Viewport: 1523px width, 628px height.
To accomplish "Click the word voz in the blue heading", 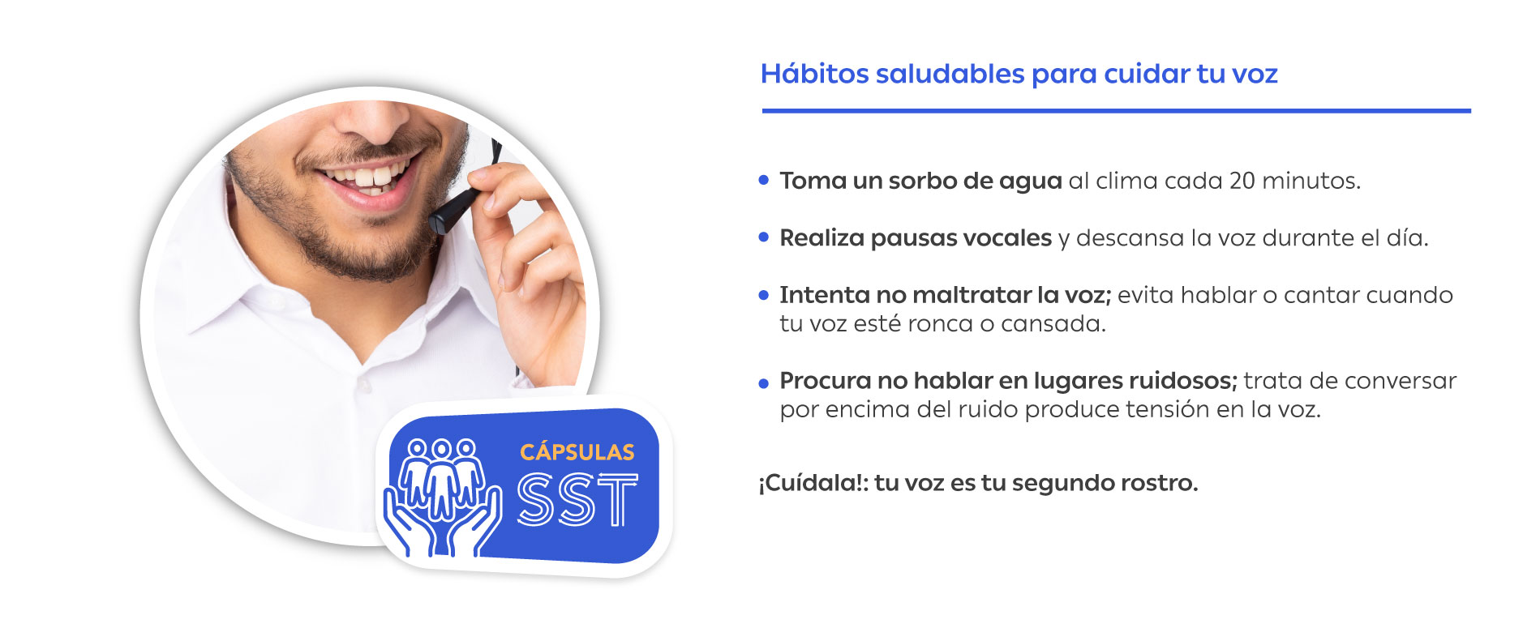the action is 1255,75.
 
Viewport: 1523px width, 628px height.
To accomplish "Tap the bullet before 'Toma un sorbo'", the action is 763,180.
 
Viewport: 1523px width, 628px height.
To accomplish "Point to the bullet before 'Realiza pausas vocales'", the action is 763,237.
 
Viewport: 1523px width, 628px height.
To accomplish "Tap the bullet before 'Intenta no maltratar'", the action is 763,295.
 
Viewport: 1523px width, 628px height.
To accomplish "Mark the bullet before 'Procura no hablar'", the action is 763,383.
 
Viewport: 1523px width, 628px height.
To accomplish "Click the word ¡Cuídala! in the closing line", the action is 813,484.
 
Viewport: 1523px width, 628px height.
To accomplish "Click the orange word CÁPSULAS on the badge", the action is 577,451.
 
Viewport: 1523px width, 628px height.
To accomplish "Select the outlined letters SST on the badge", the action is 577,500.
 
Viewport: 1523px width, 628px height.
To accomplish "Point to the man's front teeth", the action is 369,175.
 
